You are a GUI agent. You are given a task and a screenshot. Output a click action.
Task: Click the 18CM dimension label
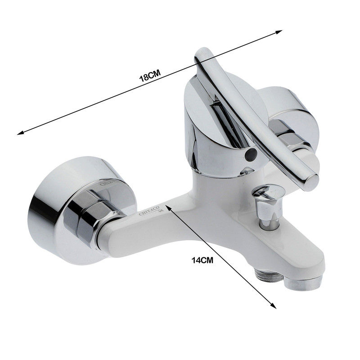pos(150,76)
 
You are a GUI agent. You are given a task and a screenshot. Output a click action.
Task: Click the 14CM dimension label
pos(202,261)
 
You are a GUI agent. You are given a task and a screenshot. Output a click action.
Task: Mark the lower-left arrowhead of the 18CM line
pos(20,132)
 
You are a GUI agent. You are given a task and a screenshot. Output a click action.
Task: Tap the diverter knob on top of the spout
pos(268,207)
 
